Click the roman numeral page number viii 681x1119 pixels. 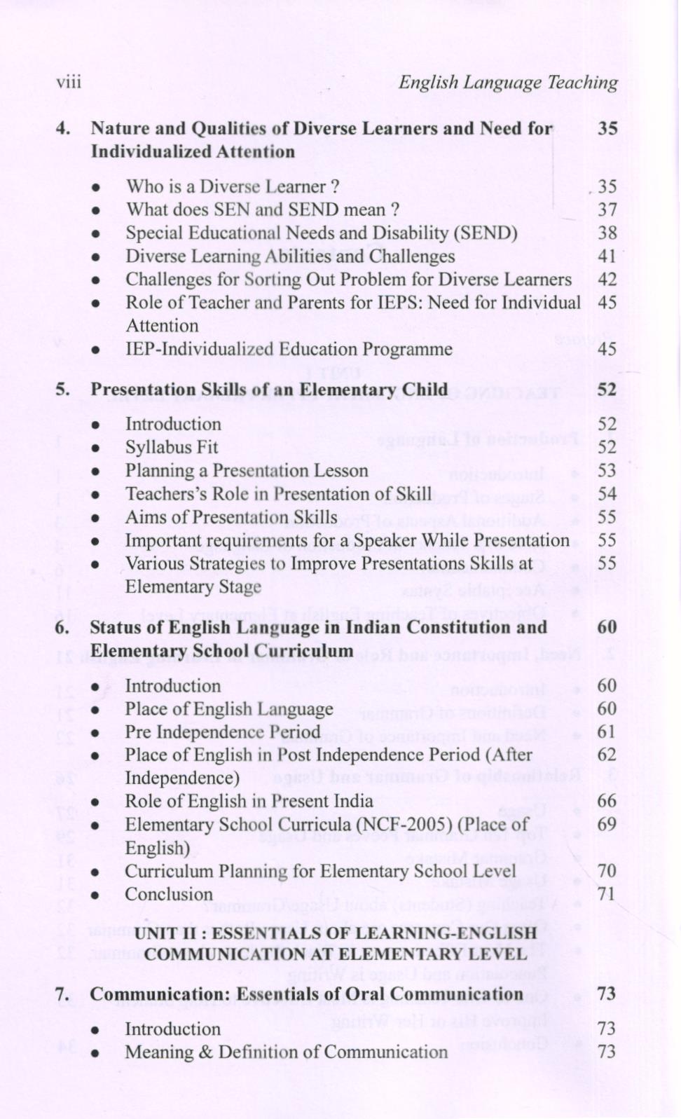point(69,83)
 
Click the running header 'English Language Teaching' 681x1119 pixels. point(507,83)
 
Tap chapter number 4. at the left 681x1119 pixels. point(63,129)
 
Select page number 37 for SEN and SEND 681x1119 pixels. point(607,210)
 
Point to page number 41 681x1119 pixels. point(607,256)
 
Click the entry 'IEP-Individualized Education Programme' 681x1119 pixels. point(289,349)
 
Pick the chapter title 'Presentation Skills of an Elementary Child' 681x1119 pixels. point(268,390)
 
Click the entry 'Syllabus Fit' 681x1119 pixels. point(172,447)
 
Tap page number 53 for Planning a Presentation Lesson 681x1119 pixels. point(607,470)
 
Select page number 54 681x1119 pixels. point(607,494)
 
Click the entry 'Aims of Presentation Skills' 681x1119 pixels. point(231,517)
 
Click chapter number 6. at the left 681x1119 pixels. point(62,627)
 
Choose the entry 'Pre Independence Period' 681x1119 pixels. point(222,732)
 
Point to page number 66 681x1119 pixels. point(607,801)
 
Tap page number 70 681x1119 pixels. point(607,871)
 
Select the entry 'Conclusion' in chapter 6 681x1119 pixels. point(168,894)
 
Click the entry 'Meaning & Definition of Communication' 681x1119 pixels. point(286,1052)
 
